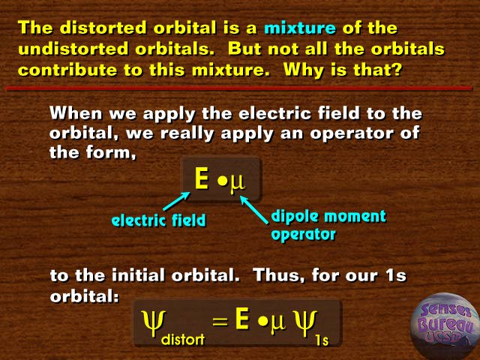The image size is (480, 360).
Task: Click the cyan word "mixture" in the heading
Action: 300,28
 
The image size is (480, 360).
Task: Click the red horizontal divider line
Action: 238,88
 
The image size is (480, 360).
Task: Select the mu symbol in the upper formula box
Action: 237,183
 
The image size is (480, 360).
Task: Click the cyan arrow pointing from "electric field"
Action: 177,201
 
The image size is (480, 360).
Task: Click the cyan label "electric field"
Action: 158,220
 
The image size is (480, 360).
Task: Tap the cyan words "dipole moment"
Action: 328,217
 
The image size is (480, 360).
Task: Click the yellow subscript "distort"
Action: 183,339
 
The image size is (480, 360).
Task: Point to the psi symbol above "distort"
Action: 154,323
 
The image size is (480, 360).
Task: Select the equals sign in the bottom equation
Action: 220,322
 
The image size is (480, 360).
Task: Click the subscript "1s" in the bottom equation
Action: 322,340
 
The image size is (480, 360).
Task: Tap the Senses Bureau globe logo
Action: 445,326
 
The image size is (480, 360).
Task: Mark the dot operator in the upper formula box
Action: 223,181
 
